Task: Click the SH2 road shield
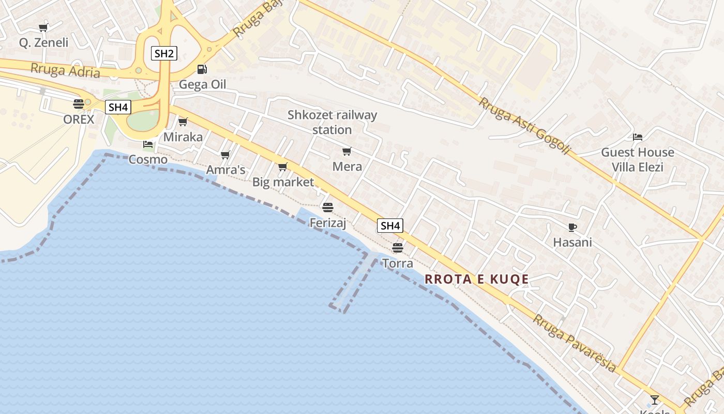click(x=164, y=53)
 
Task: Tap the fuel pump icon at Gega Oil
click(x=202, y=69)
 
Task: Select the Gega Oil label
click(x=203, y=84)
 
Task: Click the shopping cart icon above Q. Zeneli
click(x=43, y=27)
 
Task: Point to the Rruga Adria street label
click(x=65, y=70)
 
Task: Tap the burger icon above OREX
click(x=79, y=104)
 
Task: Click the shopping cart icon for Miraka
click(x=183, y=122)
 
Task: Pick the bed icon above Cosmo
click(x=148, y=144)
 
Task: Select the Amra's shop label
click(x=225, y=170)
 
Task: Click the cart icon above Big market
click(x=282, y=167)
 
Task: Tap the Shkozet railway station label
click(x=332, y=122)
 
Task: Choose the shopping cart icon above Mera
click(x=346, y=152)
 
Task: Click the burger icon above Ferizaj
click(x=327, y=208)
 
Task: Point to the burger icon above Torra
click(x=397, y=248)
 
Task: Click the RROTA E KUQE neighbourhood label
click(x=477, y=279)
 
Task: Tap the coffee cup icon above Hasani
click(x=572, y=227)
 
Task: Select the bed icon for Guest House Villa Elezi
click(x=638, y=137)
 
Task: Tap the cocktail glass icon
click(x=655, y=400)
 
